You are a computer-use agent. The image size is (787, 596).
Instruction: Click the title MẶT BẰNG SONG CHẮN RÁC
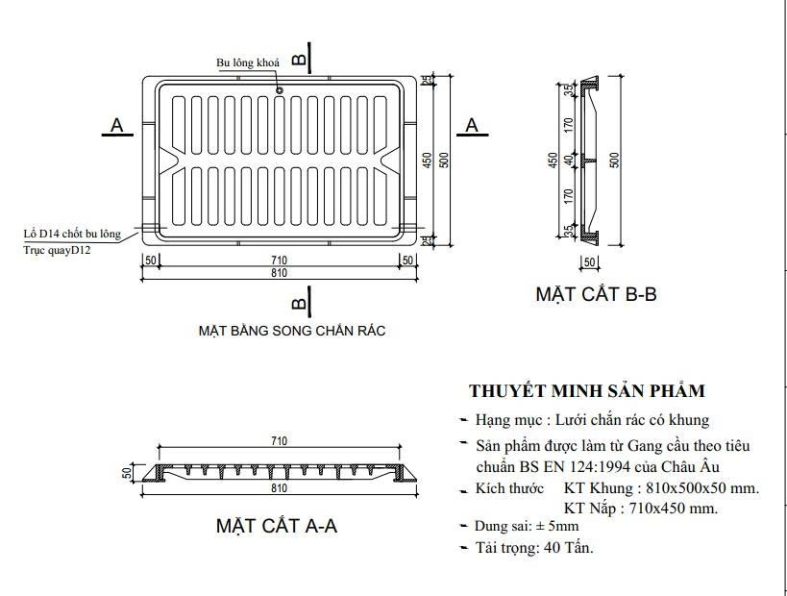click(291, 331)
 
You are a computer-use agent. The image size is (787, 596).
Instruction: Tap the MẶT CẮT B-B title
click(596, 294)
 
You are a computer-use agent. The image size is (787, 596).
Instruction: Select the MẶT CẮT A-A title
click(276, 526)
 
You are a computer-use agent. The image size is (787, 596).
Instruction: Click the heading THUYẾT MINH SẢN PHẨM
click(587, 391)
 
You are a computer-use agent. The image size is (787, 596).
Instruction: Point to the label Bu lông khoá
click(248, 62)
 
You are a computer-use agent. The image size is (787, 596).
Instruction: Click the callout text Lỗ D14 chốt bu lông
click(72, 234)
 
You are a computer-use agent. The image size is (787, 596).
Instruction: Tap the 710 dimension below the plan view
click(280, 261)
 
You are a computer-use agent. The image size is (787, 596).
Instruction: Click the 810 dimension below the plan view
click(280, 274)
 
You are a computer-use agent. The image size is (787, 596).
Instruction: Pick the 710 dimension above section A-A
click(279, 442)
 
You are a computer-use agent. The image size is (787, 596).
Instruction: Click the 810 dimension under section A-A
click(279, 488)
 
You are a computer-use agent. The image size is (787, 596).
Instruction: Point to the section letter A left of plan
click(117, 125)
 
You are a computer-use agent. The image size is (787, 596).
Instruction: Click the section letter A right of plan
click(472, 125)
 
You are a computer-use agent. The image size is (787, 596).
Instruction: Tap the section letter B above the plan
click(299, 60)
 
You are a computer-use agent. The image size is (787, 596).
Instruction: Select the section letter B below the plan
click(299, 305)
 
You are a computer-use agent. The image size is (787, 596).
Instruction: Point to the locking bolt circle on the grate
click(280, 91)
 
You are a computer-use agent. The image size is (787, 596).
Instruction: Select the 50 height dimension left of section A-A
click(125, 473)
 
